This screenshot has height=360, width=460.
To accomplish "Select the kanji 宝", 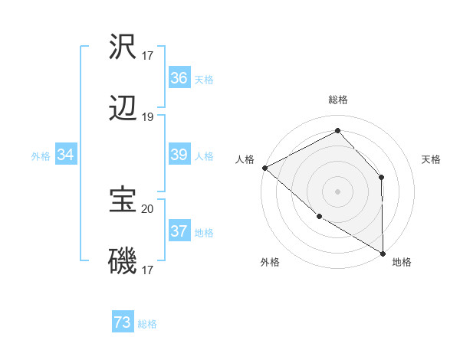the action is click(x=123, y=200).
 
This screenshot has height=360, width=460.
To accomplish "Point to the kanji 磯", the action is click(x=123, y=263).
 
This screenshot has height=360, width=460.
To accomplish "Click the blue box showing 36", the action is click(x=179, y=78).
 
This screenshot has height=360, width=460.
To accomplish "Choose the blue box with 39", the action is click(x=179, y=155).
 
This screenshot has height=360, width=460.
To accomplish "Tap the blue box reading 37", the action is click(x=179, y=231).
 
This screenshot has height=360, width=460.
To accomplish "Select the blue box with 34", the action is click(x=66, y=155).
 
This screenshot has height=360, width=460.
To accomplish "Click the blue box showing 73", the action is click(x=123, y=323).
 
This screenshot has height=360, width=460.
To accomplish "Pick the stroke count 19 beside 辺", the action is click(x=148, y=117).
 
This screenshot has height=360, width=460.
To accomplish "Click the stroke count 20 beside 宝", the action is click(x=148, y=208).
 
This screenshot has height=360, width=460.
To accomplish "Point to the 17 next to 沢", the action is click(x=148, y=55).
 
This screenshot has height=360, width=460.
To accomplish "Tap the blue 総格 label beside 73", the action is click(x=147, y=324).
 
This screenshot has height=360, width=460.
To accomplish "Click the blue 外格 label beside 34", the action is click(x=41, y=156).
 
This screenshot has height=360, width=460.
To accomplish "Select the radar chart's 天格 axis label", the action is click(x=431, y=159).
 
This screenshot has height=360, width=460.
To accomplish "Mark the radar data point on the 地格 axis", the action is click(x=383, y=253).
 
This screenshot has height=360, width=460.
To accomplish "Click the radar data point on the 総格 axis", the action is click(x=337, y=130).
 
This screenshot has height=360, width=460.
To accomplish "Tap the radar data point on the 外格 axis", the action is click(x=319, y=217).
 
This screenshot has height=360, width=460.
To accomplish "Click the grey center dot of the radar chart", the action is click(x=337, y=191).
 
